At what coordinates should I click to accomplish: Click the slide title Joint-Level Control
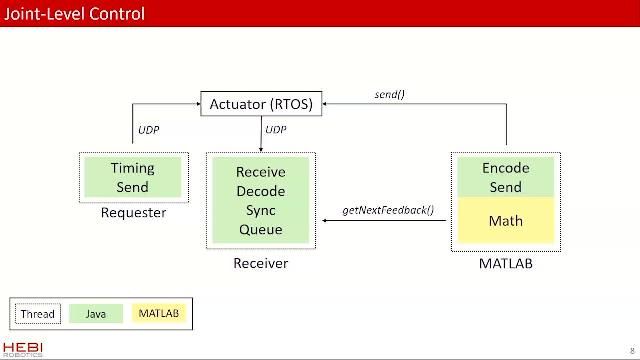tap(76, 14)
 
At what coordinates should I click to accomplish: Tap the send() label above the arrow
tap(389, 94)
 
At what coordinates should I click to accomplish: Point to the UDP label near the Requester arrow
tap(148, 129)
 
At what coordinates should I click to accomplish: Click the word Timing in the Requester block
tap(132, 168)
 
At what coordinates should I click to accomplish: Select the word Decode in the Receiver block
tap(260, 191)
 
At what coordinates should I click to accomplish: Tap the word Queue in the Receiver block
tap(260, 229)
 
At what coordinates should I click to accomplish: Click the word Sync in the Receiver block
tap(260, 210)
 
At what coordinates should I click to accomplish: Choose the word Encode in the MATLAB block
tap(505, 168)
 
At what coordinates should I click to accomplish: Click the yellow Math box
tap(505, 220)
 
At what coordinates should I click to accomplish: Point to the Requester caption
tap(133, 212)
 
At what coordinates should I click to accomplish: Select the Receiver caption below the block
tap(260, 263)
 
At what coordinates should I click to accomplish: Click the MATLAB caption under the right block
tap(505, 263)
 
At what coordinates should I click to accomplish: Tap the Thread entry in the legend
tap(38, 314)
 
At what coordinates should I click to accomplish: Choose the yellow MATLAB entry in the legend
tap(158, 314)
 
